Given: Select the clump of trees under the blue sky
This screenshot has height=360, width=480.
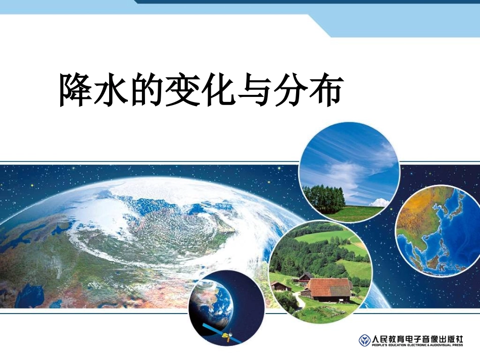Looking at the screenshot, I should click(x=323, y=198).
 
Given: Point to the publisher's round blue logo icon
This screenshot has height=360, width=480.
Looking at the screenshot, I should click(x=364, y=340).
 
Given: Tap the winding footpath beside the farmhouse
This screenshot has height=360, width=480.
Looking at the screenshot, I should click(x=300, y=301).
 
